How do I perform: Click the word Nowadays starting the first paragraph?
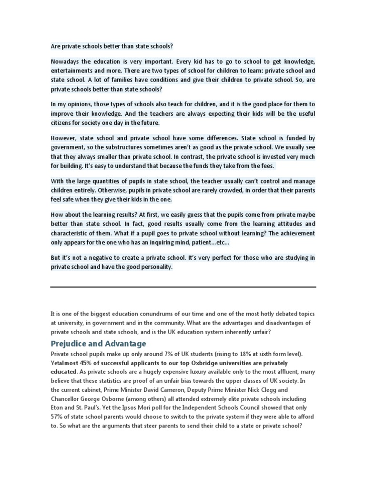(x=65, y=62)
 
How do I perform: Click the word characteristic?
(x=71, y=233)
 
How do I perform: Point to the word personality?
(x=155, y=267)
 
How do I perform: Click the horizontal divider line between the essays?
(x=183, y=287)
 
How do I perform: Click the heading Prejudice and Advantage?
(x=98, y=344)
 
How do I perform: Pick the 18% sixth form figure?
(x=240, y=354)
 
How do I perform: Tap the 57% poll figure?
(x=57, y=416)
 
